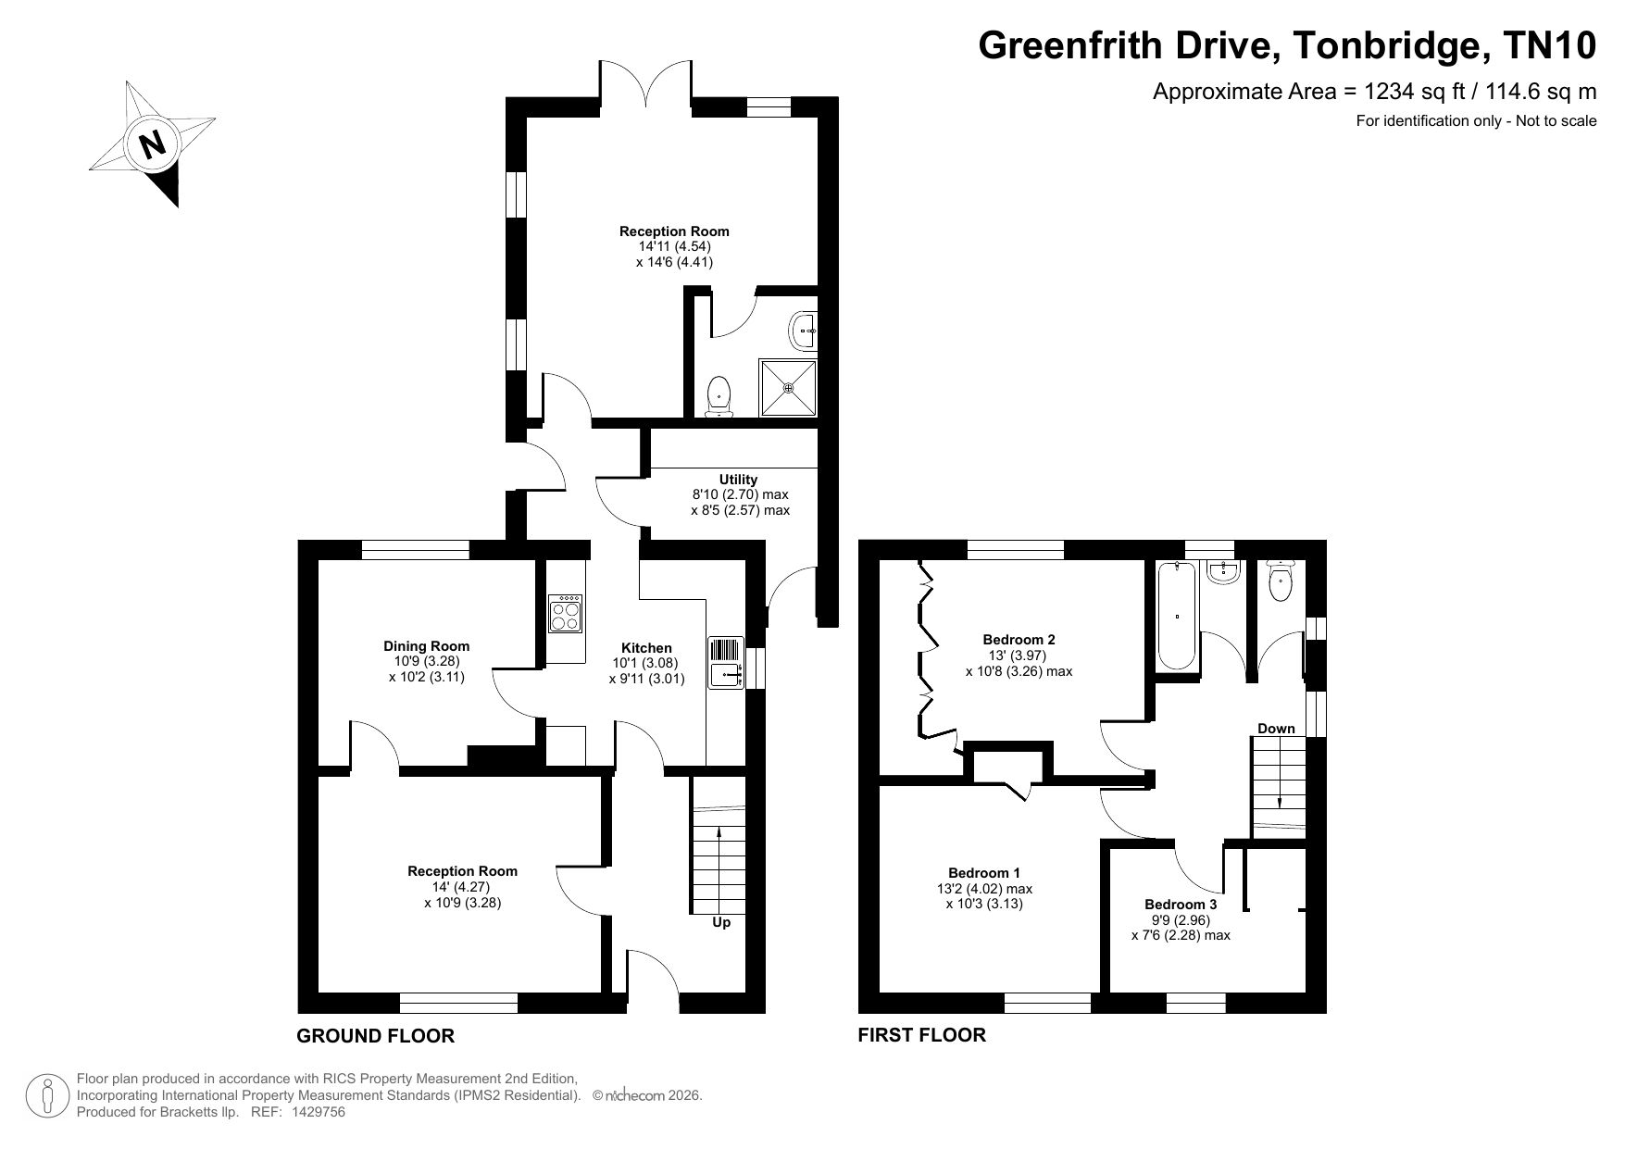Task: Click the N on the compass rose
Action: pyautogui.click(x=152, y=144)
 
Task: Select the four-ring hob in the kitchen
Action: pyautogui.click(x=566, y=613)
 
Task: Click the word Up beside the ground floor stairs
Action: pyautogui.click(x=721, y=922)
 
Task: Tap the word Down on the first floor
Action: pyautogui.click(x=1276, y=729)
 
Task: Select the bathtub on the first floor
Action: pyautogui.click(x=1177, y=616)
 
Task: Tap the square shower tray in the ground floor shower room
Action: pyautogui.click(x=789, y=387)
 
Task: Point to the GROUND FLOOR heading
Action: pyautogui.click(x=375, y=1036)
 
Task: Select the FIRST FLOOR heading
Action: pyautogui.click(x=922, y=1035)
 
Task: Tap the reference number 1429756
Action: pyautogui.click(x=318, y=1112)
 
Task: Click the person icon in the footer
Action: pyautogui.click(x=45, y=1096)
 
